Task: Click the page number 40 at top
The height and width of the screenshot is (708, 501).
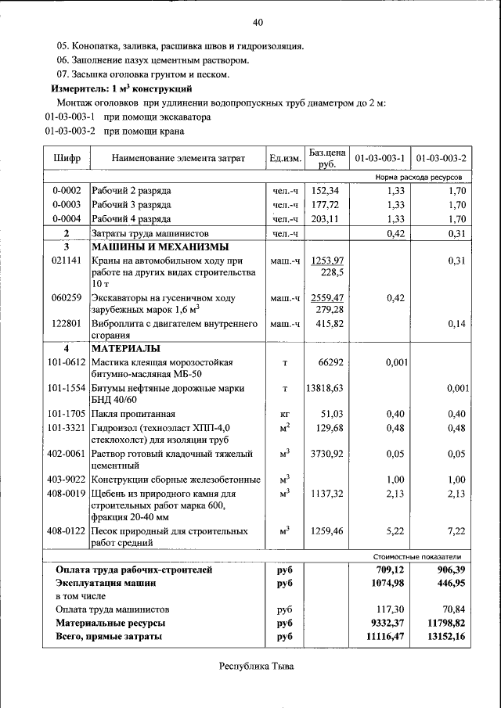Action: [258, 22]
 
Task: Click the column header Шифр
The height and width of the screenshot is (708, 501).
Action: [67, 159]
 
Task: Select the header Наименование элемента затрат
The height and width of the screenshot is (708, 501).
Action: [178, 159]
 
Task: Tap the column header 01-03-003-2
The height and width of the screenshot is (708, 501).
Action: [442, 159]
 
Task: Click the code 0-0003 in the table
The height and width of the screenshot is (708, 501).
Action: [67, 205]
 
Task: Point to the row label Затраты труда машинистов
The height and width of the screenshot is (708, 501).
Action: [149, 234]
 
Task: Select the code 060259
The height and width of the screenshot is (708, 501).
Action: [67, 298]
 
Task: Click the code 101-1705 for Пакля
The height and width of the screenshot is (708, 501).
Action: [66, 414]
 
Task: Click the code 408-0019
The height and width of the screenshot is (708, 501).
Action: [66, 494]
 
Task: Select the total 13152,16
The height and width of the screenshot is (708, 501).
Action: [442, 637]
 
